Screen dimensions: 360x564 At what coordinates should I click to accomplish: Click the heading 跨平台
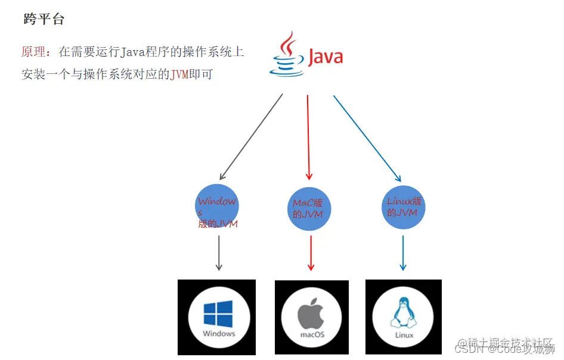44,19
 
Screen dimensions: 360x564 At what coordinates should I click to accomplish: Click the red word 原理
35,52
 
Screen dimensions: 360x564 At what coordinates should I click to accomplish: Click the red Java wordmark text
325,57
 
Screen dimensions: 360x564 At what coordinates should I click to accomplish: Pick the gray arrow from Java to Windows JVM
252,137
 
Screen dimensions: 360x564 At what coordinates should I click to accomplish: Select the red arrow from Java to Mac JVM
309,137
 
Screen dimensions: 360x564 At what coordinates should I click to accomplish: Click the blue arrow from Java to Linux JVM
366,137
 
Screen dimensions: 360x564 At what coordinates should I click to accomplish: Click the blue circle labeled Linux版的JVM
404,207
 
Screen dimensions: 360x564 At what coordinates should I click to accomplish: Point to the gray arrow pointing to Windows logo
219,253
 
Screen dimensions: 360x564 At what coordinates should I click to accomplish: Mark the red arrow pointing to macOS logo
310,253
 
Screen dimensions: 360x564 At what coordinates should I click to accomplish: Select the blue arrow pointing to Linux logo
403,253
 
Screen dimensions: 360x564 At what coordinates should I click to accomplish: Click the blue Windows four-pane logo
218,314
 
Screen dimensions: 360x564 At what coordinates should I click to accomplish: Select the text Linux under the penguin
404,335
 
